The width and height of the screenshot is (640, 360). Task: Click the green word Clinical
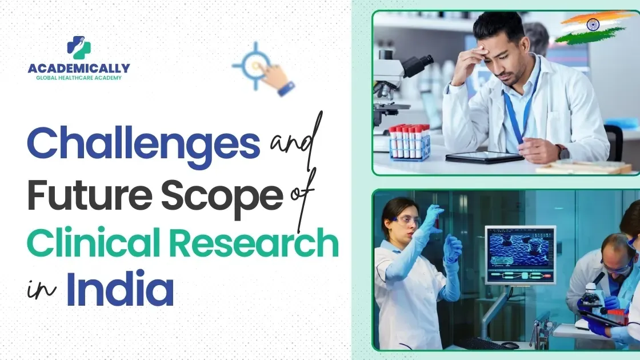[x=93, y=242]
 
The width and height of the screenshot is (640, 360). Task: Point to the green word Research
[x=254, y=242]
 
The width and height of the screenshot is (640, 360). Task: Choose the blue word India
[x=120, y=288]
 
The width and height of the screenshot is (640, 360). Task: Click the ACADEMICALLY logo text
[x=79, y=68]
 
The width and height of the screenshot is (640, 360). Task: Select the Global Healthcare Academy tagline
[x=79, y=78]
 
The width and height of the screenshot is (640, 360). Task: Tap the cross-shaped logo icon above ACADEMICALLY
[x=79, y=47]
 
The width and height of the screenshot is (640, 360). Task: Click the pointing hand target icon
[x=263, y=69]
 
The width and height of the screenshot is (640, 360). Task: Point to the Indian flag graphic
[x=592, y=26]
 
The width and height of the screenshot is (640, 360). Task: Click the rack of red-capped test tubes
[x=409, y=142]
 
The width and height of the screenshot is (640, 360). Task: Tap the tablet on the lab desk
[x=484, y=157]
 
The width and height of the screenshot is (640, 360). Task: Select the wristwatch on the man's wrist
[x=563, y=151]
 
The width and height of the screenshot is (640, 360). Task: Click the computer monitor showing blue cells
[x=521, y=255]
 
